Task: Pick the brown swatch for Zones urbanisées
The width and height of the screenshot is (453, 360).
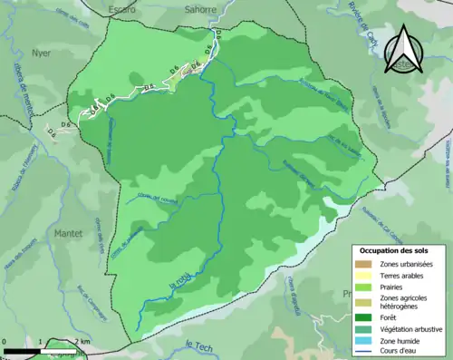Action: [x=368, y=238]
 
